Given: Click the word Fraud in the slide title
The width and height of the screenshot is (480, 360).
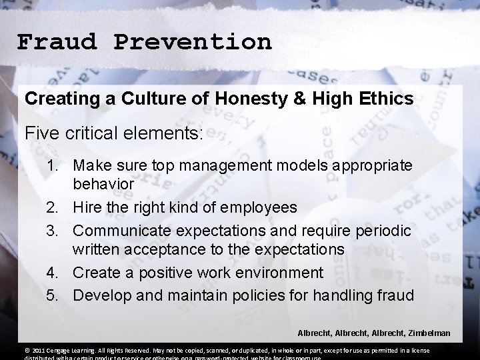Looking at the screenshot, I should pyautogui.click(x=57, y=42).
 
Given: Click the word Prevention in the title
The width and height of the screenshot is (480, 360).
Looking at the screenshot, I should pyautogui.click(x=193, y=42).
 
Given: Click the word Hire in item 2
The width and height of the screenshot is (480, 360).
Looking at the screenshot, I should pyautogui.click(x=88, y=207).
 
